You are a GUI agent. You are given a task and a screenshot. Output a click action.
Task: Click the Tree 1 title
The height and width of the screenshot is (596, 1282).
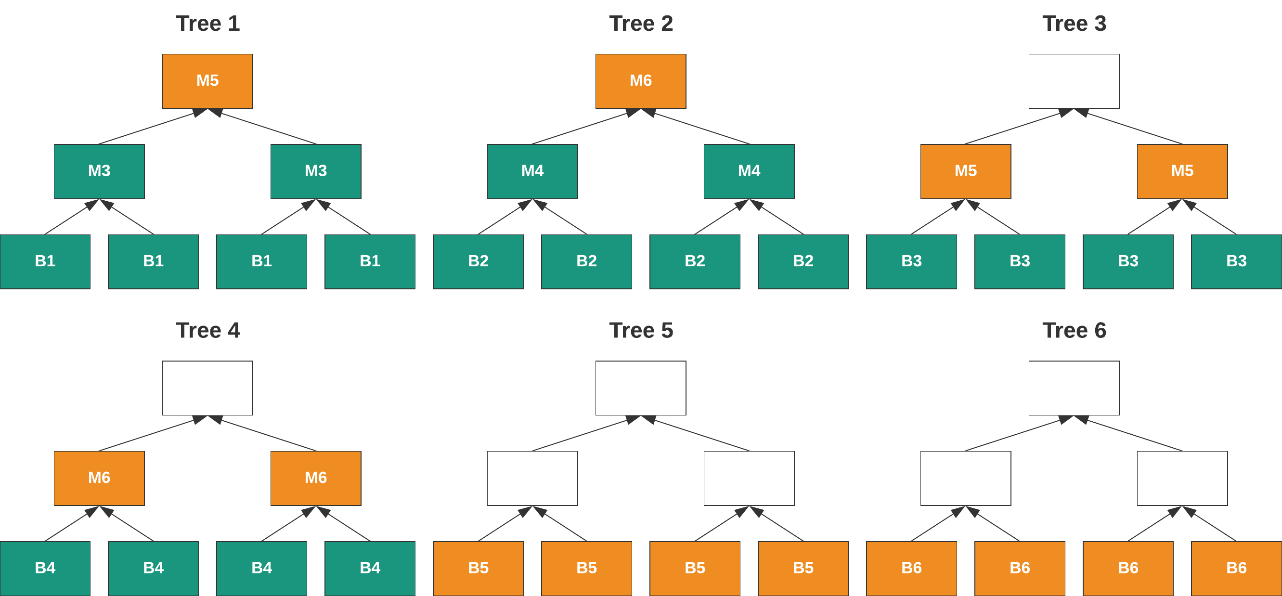coord(207,24)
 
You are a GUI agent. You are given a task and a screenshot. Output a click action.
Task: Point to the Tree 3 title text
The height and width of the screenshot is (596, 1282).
coord(1074,24)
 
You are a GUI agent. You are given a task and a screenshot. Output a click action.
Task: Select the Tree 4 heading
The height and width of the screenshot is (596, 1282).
coord(207,330)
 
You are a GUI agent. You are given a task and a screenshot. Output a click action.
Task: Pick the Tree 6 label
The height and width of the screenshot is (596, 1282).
coord(1074,330)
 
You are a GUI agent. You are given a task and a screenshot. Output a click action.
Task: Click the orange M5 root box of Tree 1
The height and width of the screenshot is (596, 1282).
coord(207,81)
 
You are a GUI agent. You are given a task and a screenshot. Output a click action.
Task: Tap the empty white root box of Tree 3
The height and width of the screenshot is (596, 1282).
coord(1074,81)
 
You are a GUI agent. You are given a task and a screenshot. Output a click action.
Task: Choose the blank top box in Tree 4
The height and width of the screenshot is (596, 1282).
coord(207,388)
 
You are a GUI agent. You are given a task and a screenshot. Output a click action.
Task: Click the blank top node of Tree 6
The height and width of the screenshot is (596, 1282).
coord(1074,388)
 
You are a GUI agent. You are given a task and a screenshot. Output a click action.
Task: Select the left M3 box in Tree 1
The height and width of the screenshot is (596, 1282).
coord(99,171)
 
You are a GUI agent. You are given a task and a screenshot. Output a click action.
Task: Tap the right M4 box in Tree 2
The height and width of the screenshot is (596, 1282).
coord(749,171)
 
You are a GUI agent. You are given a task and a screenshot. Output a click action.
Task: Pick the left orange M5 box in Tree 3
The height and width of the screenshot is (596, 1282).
coord(966,171)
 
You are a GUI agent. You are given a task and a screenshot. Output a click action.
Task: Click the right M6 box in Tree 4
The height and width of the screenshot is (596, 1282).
coord(316,478)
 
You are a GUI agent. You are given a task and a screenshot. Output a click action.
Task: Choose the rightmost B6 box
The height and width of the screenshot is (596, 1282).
coord(1236,568)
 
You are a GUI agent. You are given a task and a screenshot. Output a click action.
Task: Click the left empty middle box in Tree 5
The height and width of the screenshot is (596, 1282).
coord(532,478)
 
